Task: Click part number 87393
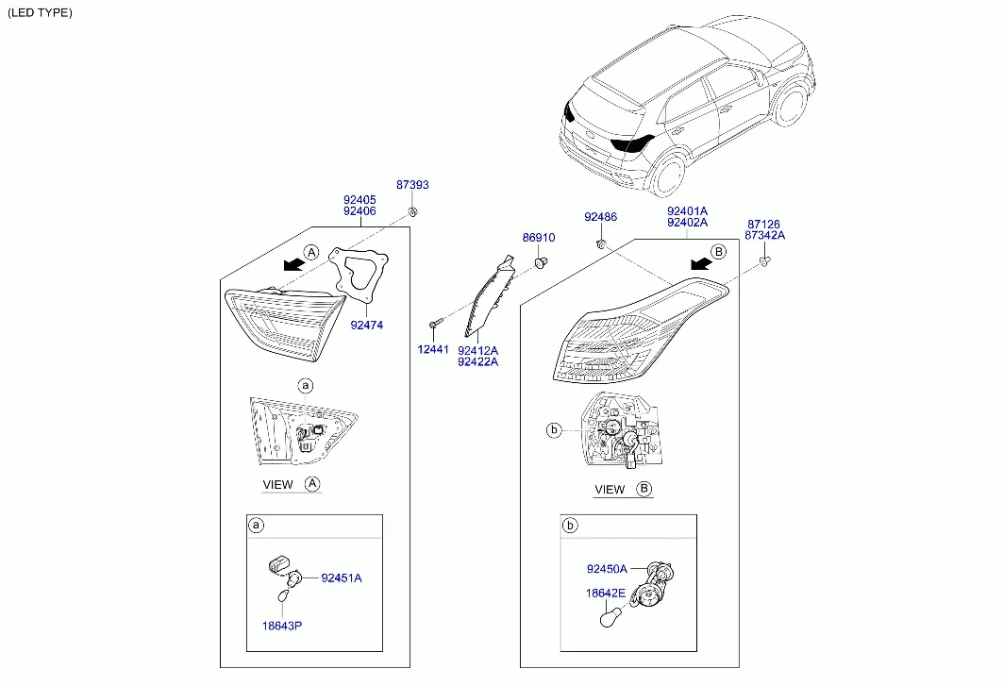tap(412, 185)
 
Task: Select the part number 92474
tap(366, 326)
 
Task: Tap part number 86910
tap(539, 238)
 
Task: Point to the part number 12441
tap(433, 349)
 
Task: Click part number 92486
tap(601, 217)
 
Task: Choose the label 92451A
tap(342, 577)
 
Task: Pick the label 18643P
tap(282, 626)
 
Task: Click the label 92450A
tap(607, 569)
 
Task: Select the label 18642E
tap(606, 594)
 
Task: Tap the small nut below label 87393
tap(412, 211)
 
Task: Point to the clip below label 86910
tap(541, 261)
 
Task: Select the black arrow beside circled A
tap(293, 263)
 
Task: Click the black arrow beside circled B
tap(701, 263)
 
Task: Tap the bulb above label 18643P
tap(283, 595)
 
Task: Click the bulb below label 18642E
tap(611, 617)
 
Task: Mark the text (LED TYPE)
tap(40, 13)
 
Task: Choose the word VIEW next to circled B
tap(610, 490)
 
